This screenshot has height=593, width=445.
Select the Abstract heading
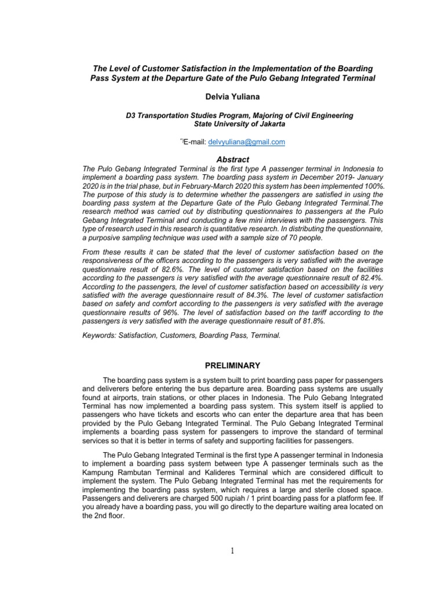[222, 159]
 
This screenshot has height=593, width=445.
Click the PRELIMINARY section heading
[222, 365]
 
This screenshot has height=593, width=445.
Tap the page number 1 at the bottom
[232, 551]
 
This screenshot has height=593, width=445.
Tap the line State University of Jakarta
[222, 124]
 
